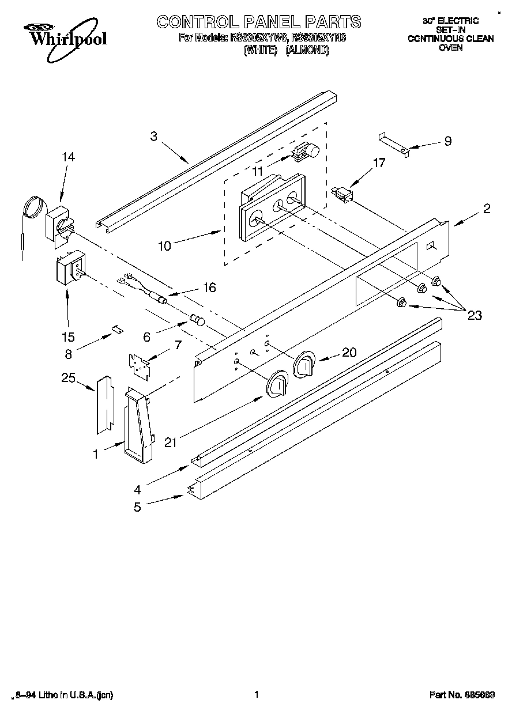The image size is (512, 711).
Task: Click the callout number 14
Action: (x=69, y=156)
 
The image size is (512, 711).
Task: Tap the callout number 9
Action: (x=447, y=141)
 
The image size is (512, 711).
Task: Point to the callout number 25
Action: (x=69, y=378)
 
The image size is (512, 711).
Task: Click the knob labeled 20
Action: (x=304, y=364)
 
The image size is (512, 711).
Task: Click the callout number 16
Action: (x=209, y=287)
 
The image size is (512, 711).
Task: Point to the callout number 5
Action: (x=137, y=508)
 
